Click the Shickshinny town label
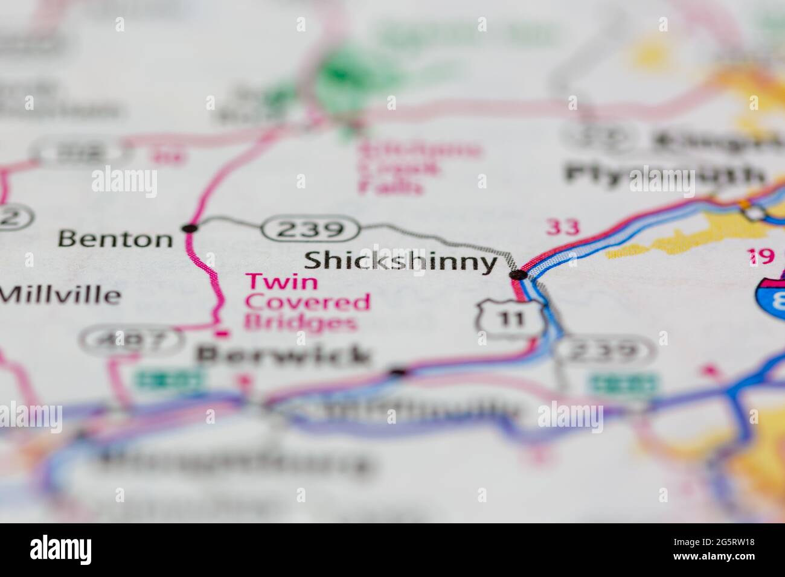(400, 262)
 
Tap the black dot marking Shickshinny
(517, 275)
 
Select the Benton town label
(115, 240)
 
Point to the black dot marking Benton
(190, 228)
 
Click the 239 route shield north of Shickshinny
(311, 229)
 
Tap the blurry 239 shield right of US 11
(604, 351)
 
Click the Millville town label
(60, 295)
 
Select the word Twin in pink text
(281, 281)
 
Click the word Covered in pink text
(307, 302)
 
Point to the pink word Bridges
(300, 323)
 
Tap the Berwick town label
(283, 355)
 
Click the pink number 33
(563, 228)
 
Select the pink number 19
(762, 257)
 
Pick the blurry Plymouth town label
(664, 174)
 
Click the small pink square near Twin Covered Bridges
(223, 332)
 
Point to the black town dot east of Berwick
(397, 372)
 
